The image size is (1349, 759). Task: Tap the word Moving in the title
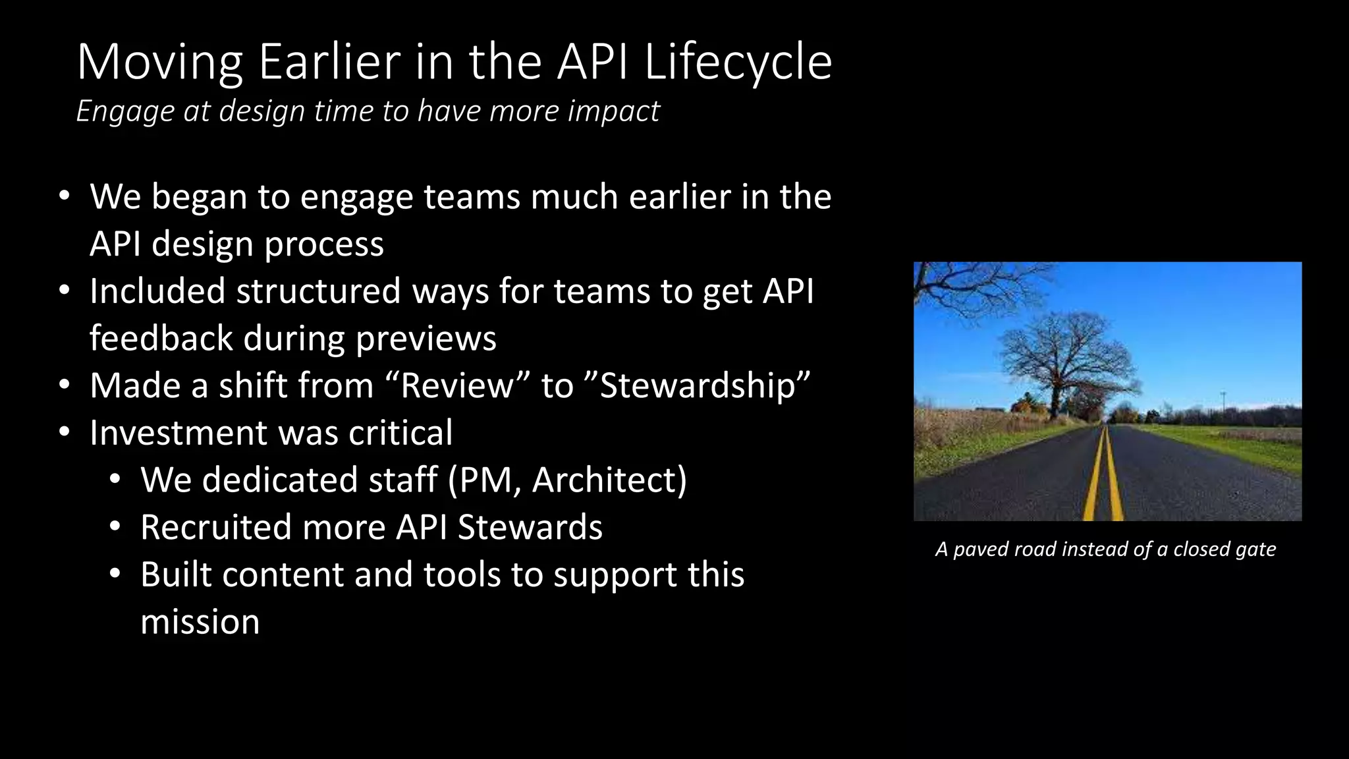coord(160,62)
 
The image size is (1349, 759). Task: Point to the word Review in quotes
coord(456,385)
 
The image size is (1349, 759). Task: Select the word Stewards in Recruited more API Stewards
coord(530,527)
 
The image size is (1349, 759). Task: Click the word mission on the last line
coord(200,622)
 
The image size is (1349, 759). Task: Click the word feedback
coord(161,339)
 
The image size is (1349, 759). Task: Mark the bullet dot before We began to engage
coord(64,196)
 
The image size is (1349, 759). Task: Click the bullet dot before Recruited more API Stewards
coord(115,527)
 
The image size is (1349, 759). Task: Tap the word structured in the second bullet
coord(318,291)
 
